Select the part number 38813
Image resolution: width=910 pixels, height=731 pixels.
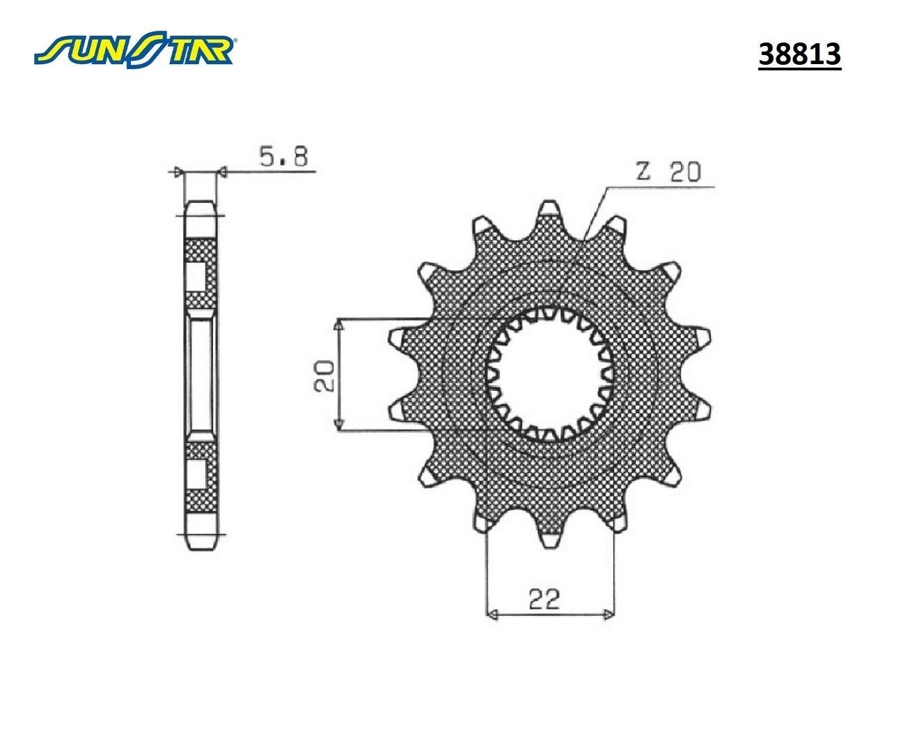click(799, 54)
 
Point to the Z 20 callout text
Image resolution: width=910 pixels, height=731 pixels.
click(668, 171)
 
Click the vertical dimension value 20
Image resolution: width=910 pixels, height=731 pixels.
click(325, 376)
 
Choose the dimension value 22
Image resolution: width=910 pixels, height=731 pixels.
click(544, 599)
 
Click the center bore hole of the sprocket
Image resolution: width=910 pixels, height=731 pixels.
click(550, 377)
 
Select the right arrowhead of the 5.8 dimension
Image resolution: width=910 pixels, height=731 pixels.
click(223, 171)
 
